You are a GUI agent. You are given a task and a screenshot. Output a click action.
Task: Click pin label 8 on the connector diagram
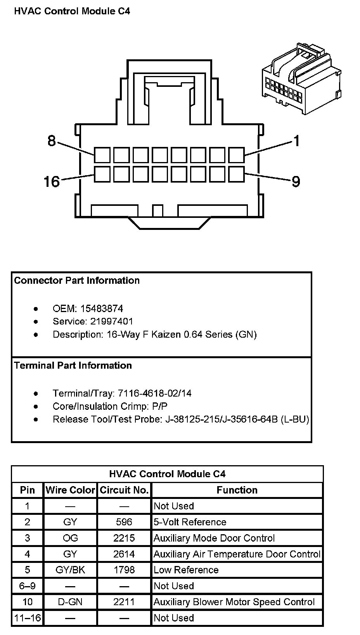tap(52, 141)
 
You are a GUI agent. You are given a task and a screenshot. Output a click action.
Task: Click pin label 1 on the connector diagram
tap(296, 141)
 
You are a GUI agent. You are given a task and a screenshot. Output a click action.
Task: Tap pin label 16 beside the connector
tap(52, 181)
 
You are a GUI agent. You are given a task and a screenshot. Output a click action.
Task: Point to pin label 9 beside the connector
tap(296, 181)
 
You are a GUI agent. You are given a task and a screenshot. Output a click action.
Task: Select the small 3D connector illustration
tap(301, 80)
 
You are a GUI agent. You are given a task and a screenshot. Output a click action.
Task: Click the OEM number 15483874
tap(102, 309)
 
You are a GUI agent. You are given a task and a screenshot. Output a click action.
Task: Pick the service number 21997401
tap(112, 321)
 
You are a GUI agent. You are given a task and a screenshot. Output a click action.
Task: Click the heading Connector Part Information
tap(77, 280)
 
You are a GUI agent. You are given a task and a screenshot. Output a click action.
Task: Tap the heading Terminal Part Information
tap(73, 365)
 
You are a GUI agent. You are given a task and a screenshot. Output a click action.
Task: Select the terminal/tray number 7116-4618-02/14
tap(154, 393)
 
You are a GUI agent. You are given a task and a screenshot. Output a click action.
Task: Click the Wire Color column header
tap(70, 490)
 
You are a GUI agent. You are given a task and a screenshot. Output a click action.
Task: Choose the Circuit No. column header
tap(124, 490)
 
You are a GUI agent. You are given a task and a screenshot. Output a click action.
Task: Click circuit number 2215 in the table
tap(124, 538)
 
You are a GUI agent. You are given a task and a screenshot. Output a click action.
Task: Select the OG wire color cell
tap(70, 538)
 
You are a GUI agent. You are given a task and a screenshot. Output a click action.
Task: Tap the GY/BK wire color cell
tap(70, 570)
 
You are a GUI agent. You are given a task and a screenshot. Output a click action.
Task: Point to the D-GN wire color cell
tap(70, 602)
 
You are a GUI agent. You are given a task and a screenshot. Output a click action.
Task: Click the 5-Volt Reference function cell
tap(190, 522)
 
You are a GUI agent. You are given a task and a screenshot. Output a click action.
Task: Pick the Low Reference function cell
tap(186, 570)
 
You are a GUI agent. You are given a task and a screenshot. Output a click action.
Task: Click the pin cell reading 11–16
tap(27, 618)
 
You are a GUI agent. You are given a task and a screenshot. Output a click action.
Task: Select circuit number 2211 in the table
tap(124, 602)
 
